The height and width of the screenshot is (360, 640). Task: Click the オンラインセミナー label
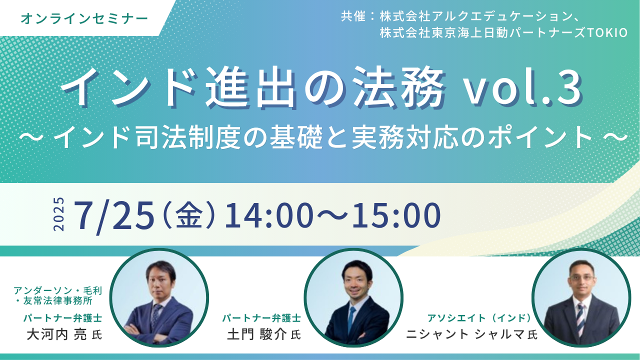pos(84,19)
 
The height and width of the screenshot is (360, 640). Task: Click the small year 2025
pos(59,214)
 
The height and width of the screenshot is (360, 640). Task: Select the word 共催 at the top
pos(353,16)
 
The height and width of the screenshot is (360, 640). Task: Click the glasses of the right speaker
pos(581,277)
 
